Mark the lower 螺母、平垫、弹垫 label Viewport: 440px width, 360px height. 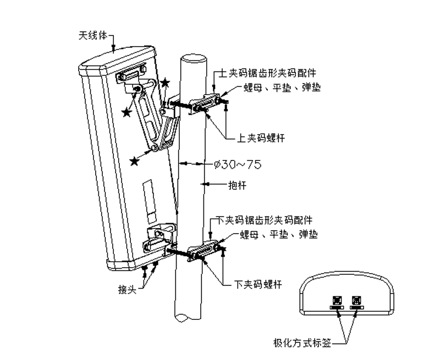(279, 235)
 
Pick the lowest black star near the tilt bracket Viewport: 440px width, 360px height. (134, 161)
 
